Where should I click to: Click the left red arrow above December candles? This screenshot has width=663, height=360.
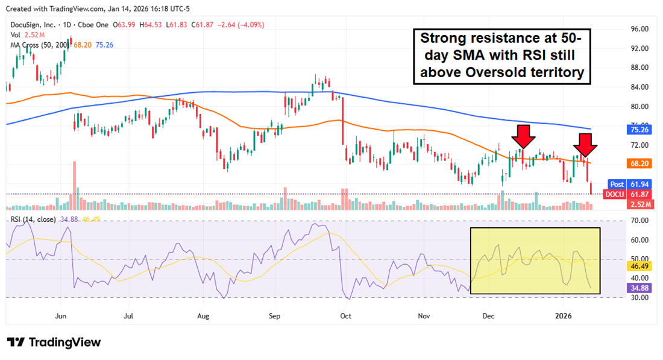click(523, 136)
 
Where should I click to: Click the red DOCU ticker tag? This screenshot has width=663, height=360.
click(615, 194)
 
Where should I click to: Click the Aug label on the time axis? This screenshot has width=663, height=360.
click(203, 315)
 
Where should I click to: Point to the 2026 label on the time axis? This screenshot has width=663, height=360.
click(563, 315)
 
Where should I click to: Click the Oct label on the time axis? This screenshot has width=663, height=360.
click(345, 315)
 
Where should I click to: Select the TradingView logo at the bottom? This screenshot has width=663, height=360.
click(54, 342)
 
